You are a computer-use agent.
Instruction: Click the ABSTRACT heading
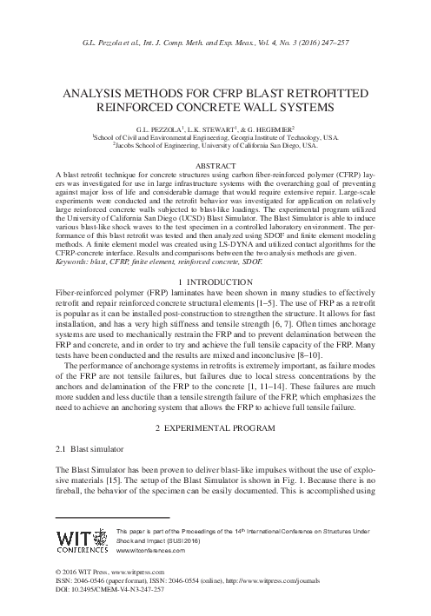coord(215,164)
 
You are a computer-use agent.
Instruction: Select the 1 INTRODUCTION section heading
coord(215,283)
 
